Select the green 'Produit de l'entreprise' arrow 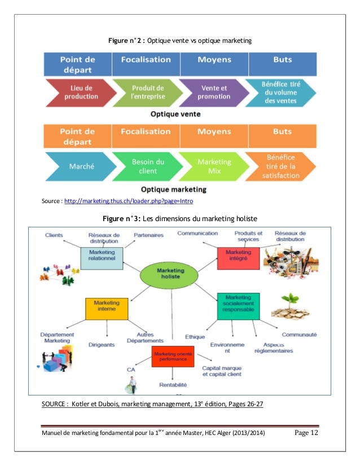147,92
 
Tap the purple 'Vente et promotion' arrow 214,92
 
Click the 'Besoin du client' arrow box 147,166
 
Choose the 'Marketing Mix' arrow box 214,166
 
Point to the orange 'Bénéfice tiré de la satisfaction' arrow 280,166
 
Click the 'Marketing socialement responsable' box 238,306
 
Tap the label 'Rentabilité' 173,384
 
